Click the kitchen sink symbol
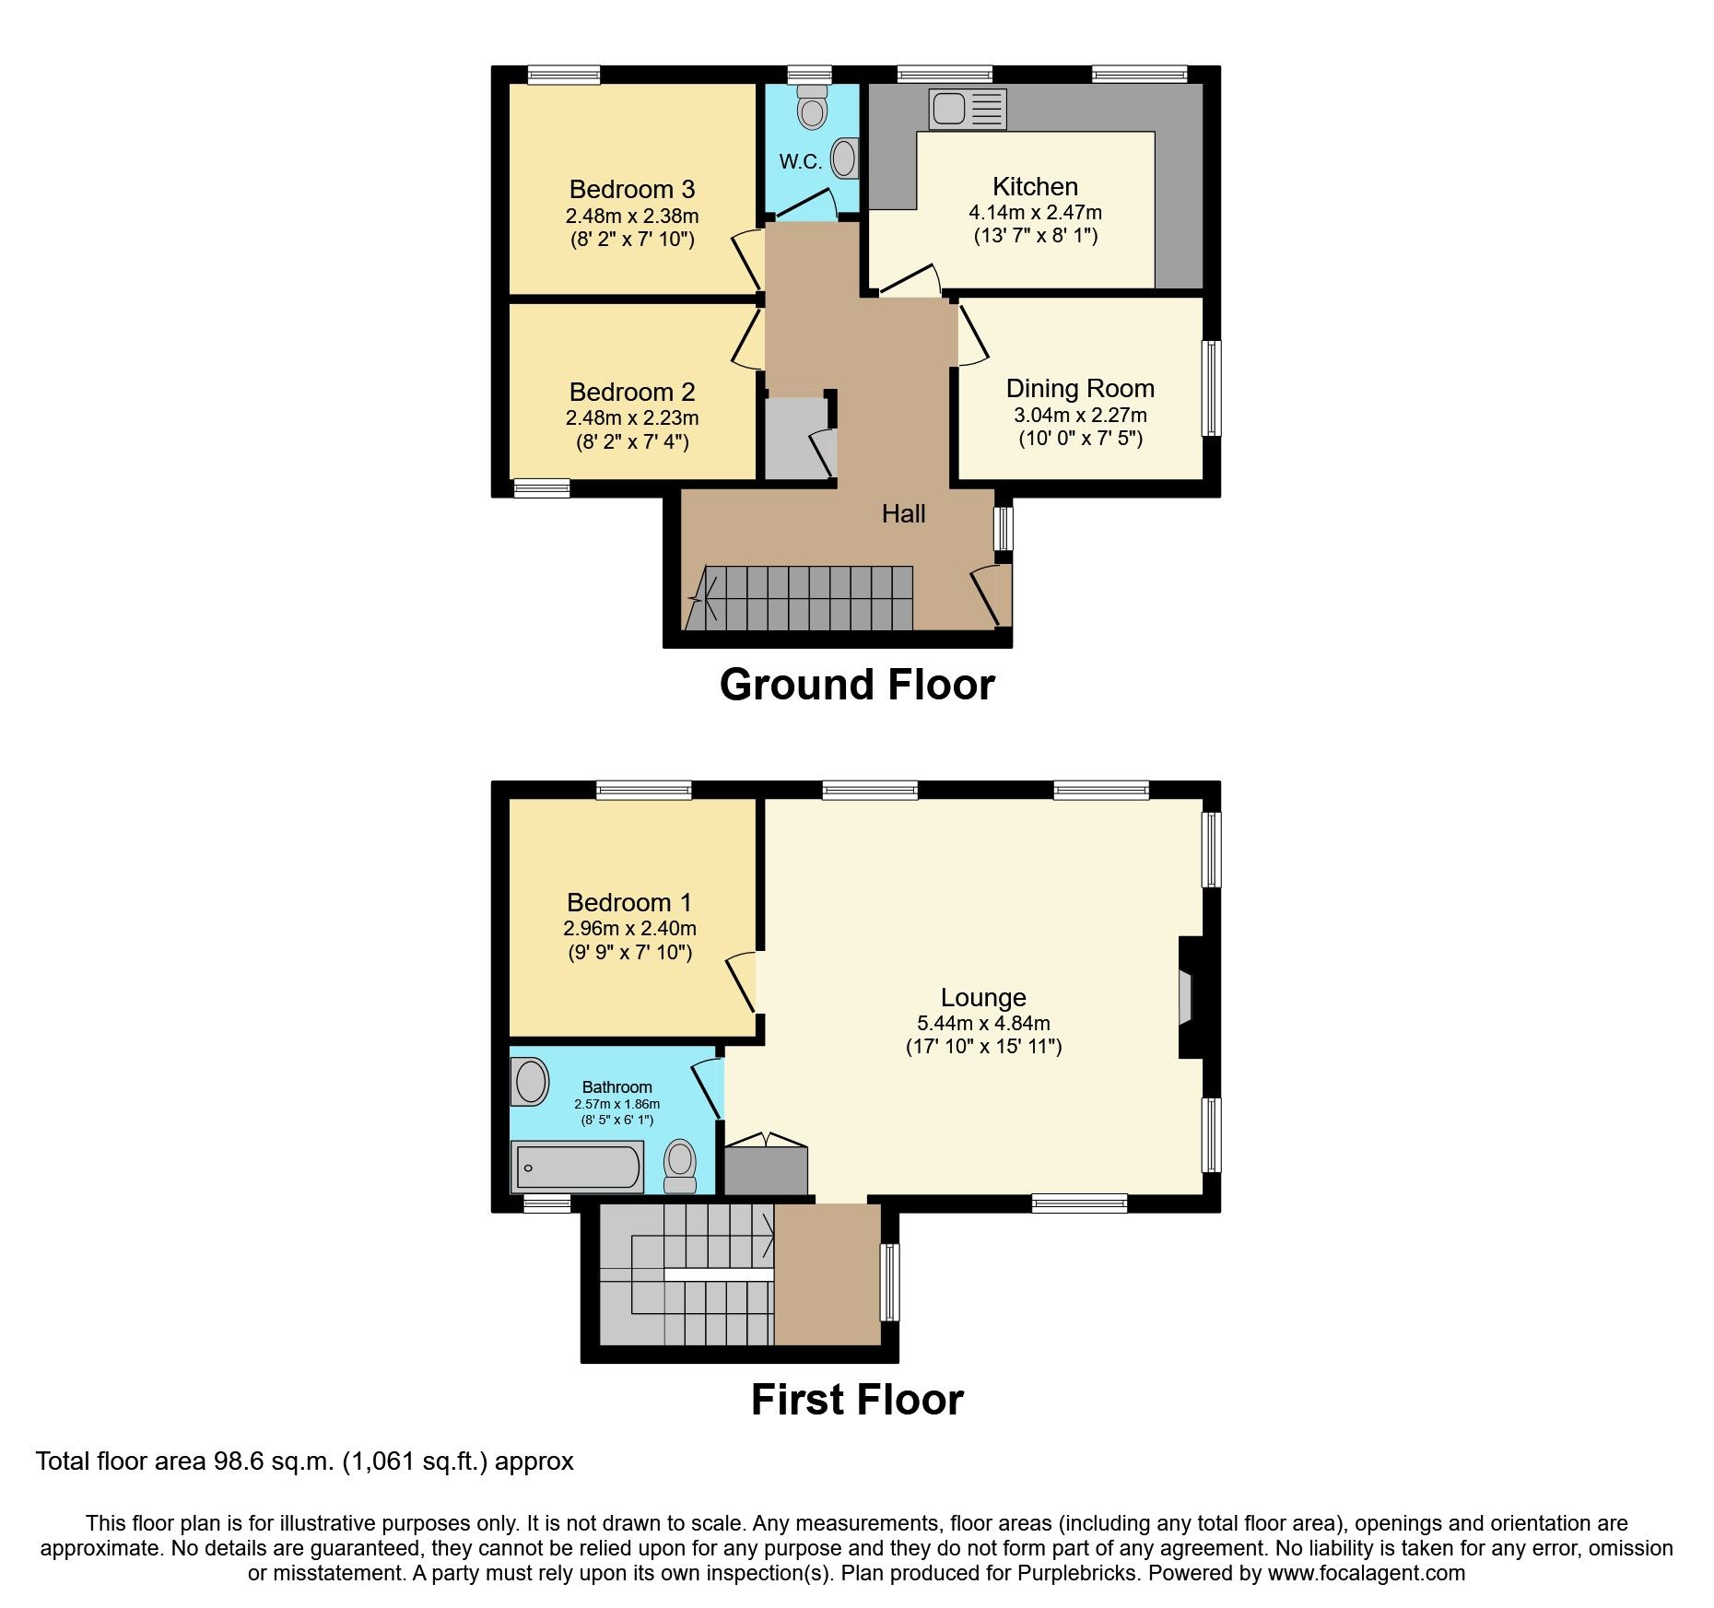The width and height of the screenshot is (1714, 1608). click(x=967, y=110)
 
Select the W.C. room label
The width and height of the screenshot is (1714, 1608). click(x=800, y=162)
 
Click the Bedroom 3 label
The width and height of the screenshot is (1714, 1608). click(x=632, y=190)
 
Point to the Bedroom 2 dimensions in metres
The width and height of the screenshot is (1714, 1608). click(x=632, y=418)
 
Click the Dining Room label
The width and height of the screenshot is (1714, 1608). click(x=1080, y=389)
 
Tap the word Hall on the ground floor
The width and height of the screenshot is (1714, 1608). click(x=903, y=514)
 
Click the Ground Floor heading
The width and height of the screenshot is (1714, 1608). click(x=857, y=686)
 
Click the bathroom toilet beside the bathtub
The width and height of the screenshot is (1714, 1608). click(x=681, y=1166)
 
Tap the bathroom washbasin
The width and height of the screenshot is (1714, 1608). click(x=530, y=1081)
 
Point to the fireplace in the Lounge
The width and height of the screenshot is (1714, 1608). click(x=1189, y=998)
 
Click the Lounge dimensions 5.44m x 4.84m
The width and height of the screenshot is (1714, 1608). click(x=983, y=1023)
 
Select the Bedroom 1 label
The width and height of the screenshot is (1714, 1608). click(x=628, y=903)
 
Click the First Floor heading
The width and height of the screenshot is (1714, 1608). click(x=857, y=1401)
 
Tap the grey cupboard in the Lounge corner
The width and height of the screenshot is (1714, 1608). click(x=766, y=1170)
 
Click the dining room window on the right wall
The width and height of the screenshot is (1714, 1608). click(x=1214, y=388)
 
